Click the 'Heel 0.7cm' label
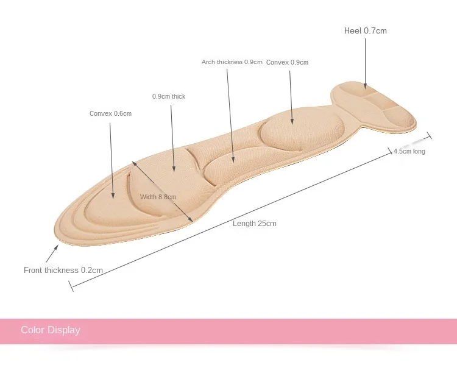365,30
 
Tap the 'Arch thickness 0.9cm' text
232,62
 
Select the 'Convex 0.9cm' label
287,62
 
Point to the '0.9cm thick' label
169,97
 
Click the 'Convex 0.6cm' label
110,113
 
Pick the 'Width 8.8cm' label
158,197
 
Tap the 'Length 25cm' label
254,224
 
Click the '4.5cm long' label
409,151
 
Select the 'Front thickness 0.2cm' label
63,270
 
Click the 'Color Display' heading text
51,330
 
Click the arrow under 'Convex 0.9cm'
292,97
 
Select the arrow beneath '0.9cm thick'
172,136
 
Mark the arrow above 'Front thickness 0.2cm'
52,253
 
